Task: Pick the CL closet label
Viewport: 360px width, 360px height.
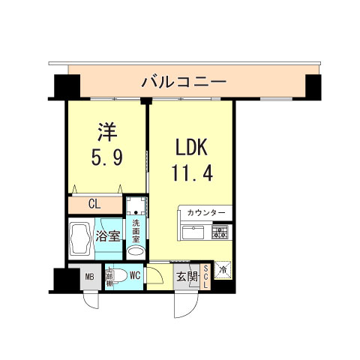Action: pyautogui.click(x=94, y=204)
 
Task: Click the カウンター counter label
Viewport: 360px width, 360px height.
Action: pyautogui.click(x=206, y=214)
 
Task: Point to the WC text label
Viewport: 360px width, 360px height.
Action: pyautogui.click(x=135, y=275)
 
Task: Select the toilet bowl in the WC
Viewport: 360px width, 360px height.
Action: pyautogui.click(x=116, y=276)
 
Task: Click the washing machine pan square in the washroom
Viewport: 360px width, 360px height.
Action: pyautogui.click(x=136, y=205)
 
